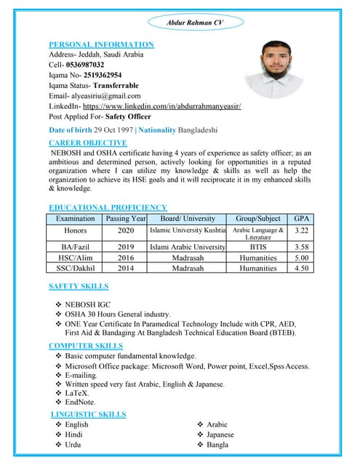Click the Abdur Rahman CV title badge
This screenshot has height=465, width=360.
(195, 23)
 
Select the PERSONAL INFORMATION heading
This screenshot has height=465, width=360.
(101, 44)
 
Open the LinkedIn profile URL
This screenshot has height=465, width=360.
(161, 105)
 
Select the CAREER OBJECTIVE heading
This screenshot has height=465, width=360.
(89, 142)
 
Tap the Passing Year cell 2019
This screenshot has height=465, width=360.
(126, 247)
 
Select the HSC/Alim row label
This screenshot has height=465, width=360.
(76, 257)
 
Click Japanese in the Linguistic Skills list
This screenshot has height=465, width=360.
(220, 434)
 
